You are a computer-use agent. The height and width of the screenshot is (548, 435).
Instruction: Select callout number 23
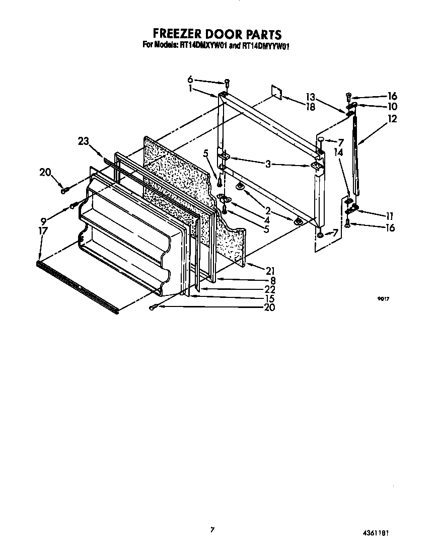coord(84,141)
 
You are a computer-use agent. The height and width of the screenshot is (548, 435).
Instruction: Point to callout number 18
coord(310,106)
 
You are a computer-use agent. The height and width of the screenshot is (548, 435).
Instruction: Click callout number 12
coord(392,119)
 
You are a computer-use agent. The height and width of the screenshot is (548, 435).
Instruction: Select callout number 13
coord(310,97)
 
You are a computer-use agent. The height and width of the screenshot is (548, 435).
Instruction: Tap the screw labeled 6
coord(227,82)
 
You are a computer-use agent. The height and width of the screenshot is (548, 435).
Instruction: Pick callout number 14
coord(338,151)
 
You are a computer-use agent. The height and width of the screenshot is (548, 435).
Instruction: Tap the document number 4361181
coord(377,532)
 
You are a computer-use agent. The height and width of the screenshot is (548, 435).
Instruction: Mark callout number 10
coord(392,106)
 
